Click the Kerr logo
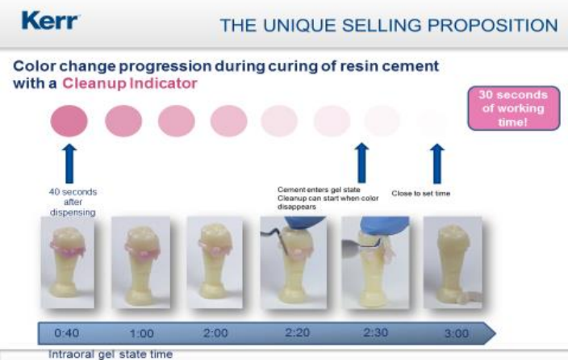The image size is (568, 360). pyautogui.click(x=50, y=21)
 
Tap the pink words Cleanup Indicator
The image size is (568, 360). pyautogui.click(x=130, y=83)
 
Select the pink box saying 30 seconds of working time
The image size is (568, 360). pyautogui.click(x=514, y=108)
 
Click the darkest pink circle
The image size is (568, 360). pyautogui.click(x=69, y=121)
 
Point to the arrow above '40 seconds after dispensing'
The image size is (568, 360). pyautogui.click(x=69, y=164)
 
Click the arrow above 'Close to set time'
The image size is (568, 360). pyautogui.click(x=436, y=164)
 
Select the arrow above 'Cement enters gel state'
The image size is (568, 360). pyautogui.click(x=361, y=163)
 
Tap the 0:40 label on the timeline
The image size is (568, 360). pyautogui.click(x=67, y=333)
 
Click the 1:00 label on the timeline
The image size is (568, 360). pyautogui.click(x=142, y=333)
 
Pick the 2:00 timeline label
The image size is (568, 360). pyautogui.click(x=215, y=333)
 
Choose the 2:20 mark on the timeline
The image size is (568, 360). pyautogui.click(x=297, y=333)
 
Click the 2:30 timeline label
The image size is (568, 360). pyautogui.click(x=376, y=333)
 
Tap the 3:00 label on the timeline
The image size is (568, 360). pyautogui.click(x=457, y=333)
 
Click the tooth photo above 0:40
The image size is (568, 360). pyautogui.click(x=68, y=262)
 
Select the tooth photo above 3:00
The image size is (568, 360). pyautogui.click(x=453, y=262)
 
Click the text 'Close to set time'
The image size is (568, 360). pyautogui.click(x=420, y=194)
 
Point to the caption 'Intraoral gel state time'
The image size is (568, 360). pyautogui.click(x=111, y=354)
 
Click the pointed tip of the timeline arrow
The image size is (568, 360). pyautogui.click(x=495, y=333)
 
